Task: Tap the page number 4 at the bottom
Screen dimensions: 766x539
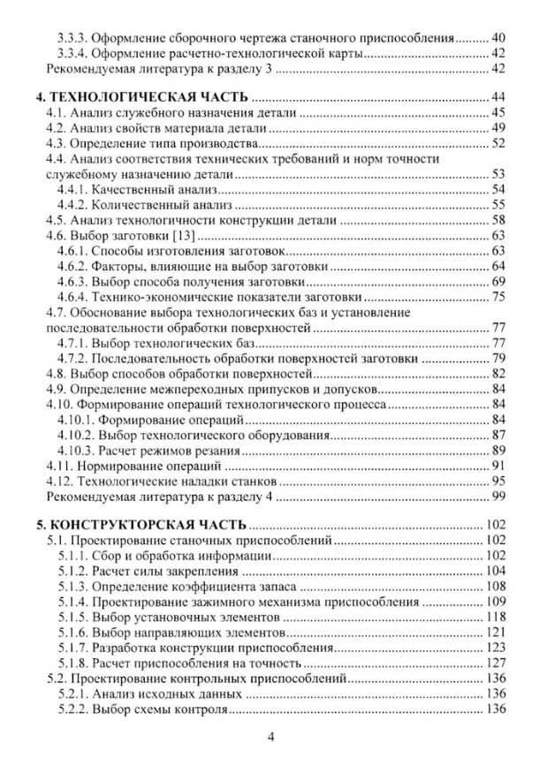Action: [271, 736]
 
